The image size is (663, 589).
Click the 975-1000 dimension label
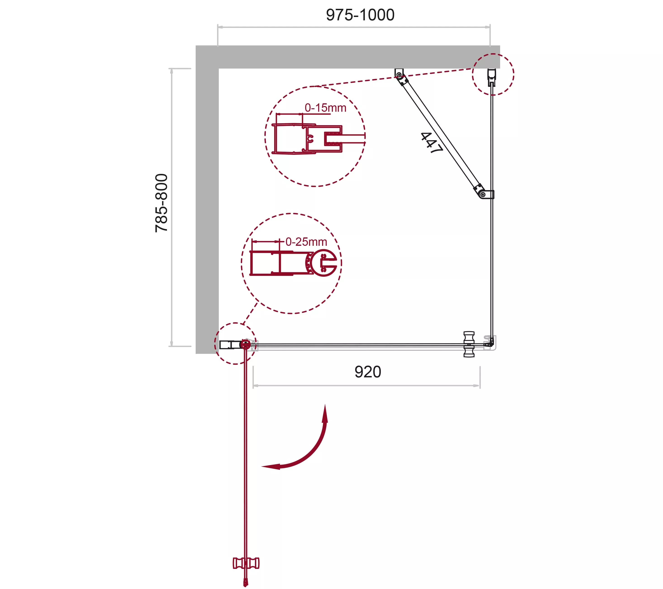pyautogui.click(x=360, y=15)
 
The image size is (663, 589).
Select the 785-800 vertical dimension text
pyautogui.click(x=162, y=203)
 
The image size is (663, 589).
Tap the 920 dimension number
pyautogui.click(x=368, y=372)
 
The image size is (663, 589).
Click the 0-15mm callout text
pyautogui.click(x=325, y=108)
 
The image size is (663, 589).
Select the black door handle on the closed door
pyautogui.click(x=469, y=344)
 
